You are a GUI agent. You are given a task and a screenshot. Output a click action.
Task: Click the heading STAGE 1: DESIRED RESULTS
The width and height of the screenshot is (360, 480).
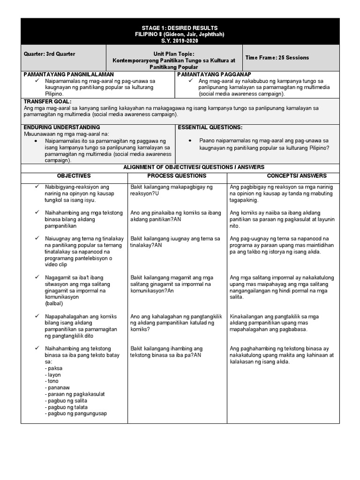pos(180,28)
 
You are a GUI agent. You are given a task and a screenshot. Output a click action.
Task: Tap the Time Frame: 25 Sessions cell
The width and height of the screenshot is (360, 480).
pos(277,58)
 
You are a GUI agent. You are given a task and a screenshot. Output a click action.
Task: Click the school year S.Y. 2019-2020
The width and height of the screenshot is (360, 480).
pos(180,41)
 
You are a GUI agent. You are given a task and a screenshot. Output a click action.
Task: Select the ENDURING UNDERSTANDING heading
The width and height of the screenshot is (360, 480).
pos(61,127)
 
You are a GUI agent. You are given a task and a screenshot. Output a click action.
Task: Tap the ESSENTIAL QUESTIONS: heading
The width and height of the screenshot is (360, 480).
pos(210,127)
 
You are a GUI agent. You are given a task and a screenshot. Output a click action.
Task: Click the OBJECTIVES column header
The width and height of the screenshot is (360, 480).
pos(74,176)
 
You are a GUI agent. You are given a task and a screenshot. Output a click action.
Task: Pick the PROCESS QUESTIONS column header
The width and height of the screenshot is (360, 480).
pos(177,176)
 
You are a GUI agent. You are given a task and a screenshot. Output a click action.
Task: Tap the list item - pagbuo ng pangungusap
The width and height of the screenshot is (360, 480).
pos(76,413)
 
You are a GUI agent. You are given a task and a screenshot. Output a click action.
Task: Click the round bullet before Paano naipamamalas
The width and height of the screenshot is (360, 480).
pos(189,141)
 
